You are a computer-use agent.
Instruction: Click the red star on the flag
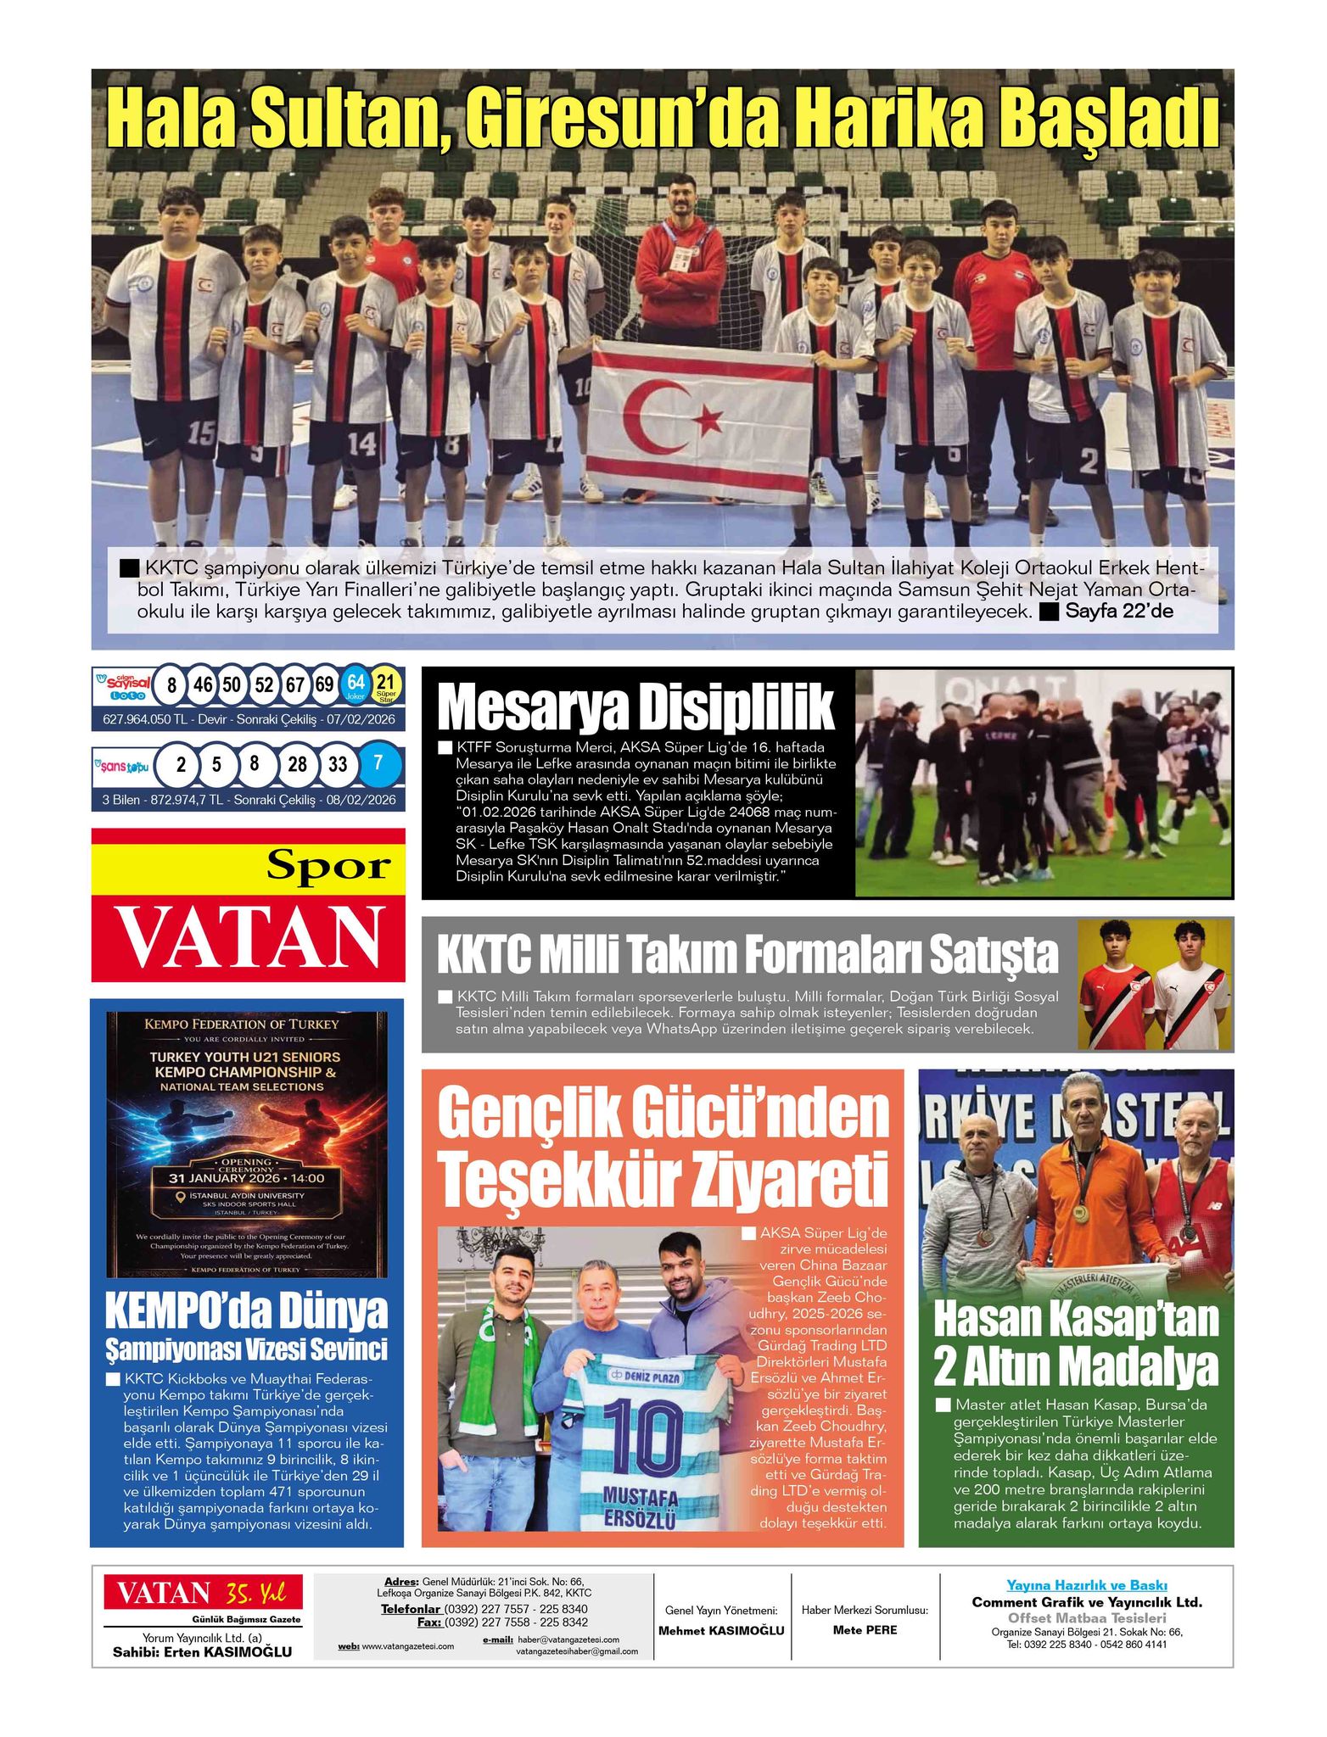pos(709,418)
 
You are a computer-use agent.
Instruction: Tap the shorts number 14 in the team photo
pos(361,443)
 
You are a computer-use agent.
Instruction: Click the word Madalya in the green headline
pos(1134,1367)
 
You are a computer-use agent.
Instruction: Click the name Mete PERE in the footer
pos(865,1629)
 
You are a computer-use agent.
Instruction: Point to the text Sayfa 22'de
pos(1119,611)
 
